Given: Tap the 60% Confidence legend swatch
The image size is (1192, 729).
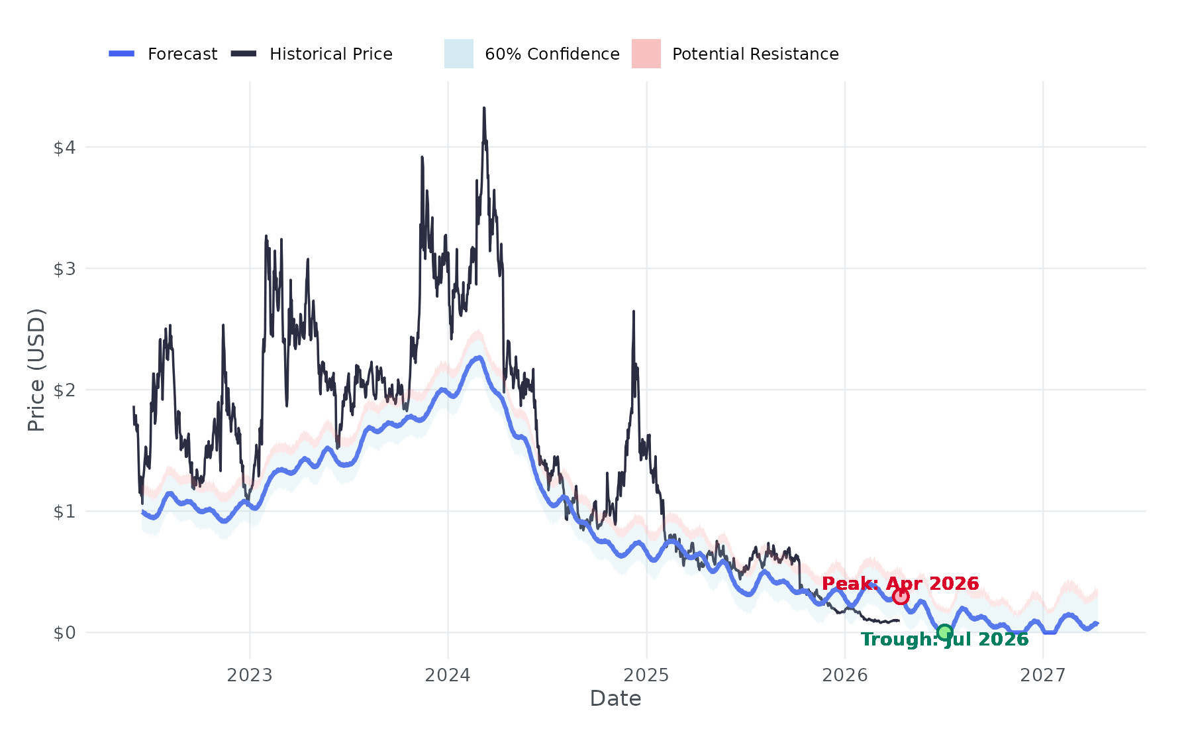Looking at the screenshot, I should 458,54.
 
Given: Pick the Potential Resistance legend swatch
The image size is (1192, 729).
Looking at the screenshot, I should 646,54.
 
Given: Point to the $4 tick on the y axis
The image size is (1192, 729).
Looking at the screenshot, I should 64,147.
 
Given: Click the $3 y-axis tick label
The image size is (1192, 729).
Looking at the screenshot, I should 64,268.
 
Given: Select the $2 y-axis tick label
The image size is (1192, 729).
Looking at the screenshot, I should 64,390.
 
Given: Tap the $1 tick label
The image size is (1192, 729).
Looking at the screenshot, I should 64,511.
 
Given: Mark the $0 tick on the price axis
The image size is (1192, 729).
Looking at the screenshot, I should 64,633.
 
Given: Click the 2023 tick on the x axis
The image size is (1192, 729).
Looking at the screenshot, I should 249,675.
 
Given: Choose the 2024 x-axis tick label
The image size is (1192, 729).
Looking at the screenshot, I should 448,675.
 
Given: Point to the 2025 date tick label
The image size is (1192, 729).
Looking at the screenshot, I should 646,675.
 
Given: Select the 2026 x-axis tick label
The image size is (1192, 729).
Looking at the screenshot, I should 844,675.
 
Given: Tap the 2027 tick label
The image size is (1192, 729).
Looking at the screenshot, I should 1043,675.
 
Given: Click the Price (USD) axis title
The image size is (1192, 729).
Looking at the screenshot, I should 36,369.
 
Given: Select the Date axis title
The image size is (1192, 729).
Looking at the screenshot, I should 615,699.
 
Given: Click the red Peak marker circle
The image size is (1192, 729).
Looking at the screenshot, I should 901,596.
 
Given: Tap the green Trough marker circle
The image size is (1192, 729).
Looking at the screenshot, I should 945,632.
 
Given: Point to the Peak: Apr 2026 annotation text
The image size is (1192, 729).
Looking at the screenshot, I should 900,583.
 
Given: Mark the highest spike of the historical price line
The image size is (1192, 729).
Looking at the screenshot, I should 484,109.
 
